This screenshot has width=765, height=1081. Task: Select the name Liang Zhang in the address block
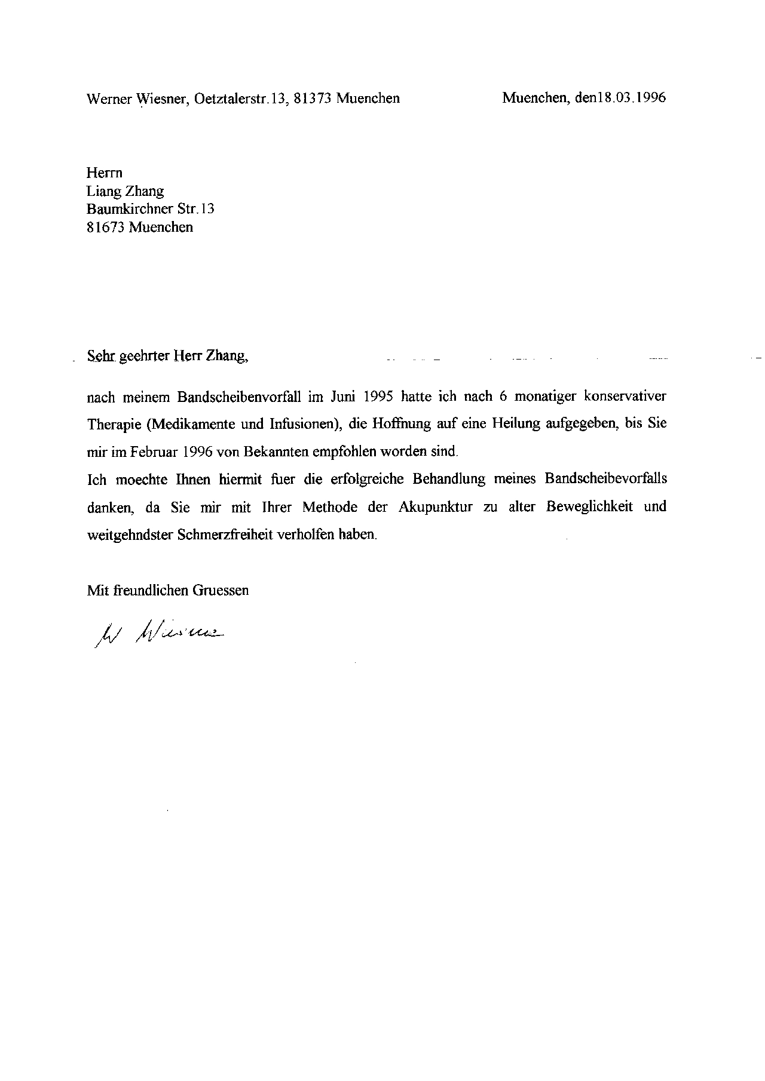125,191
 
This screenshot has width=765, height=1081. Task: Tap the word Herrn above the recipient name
105,173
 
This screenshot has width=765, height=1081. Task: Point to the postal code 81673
106,227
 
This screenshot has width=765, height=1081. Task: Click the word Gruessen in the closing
220,591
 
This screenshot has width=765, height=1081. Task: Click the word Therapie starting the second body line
114,424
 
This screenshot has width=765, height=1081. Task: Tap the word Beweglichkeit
589,507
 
